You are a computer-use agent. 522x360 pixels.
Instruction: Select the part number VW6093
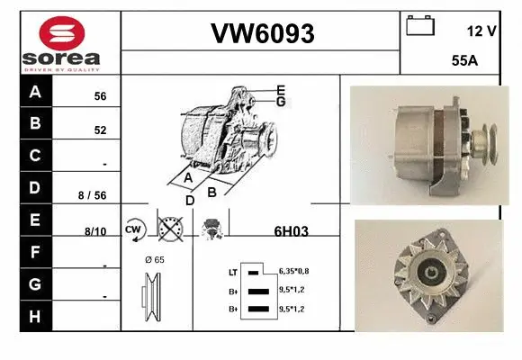262,34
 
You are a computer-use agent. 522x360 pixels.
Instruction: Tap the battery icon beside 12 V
419,26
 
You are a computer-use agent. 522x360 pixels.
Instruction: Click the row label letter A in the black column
35,92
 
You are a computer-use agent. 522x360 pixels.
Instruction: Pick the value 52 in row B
100,130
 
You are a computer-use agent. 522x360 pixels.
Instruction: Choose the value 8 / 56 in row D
93,195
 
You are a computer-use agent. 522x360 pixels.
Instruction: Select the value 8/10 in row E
94,231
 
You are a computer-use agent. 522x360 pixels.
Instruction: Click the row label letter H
35,316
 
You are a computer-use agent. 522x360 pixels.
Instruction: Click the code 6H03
291,231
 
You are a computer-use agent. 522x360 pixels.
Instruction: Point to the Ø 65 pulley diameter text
155,259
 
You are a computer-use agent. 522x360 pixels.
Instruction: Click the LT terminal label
232,270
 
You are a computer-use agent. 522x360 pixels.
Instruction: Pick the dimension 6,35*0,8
294,270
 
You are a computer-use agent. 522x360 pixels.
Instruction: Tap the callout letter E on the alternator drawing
281,90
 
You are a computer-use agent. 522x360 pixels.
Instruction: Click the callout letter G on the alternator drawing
281,102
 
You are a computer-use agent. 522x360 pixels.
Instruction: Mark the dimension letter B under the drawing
212,192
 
